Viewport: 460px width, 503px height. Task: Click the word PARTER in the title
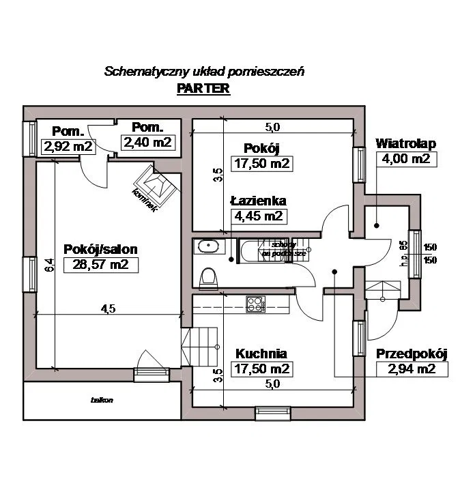[x=203, y=89]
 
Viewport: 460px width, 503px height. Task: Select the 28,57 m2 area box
[x=96, y=265]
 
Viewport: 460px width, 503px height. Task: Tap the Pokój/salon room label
[x=96, y=248]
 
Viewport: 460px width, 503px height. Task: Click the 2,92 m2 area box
[x=68, y=145]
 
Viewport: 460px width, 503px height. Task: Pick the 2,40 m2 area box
[x=147, y=142]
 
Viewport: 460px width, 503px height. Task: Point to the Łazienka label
[x=258, y=201]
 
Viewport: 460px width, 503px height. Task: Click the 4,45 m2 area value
[x=258, y=217]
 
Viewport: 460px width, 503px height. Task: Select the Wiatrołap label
[x=405, y=144]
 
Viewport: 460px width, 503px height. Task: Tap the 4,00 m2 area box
[x=405, y=159]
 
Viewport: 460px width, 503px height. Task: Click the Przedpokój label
[x=412, y=354]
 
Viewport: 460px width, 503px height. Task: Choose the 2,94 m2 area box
[x=412, y=370]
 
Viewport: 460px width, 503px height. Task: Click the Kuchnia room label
[x=261, y=354]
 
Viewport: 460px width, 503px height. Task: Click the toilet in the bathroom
[x=208, y=277]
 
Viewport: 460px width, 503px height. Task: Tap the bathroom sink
[x=207, y=246]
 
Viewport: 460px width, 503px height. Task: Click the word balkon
[x=102, y=400]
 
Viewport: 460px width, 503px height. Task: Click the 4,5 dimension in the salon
[x=108, y=308]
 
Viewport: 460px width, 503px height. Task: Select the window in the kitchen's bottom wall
[x=272, y=412]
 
